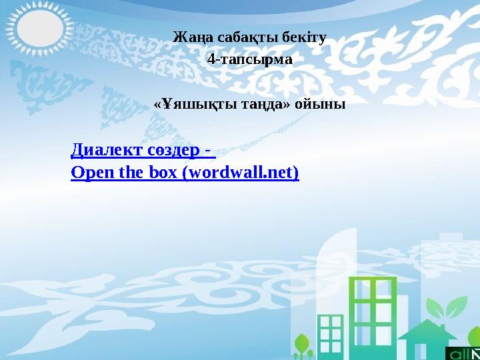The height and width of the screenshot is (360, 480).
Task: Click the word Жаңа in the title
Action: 188,37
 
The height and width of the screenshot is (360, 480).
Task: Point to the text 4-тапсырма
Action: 249,60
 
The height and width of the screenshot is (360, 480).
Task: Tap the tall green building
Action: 375,313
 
